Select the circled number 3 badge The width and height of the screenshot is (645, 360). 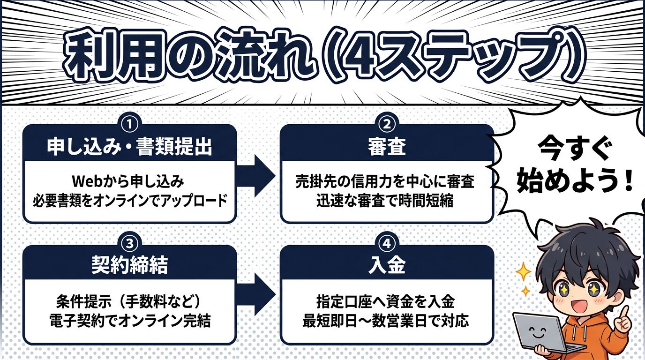point(129,243)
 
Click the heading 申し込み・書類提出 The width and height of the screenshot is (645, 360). point(129,147)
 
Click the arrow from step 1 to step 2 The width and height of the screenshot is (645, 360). point(257,175)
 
